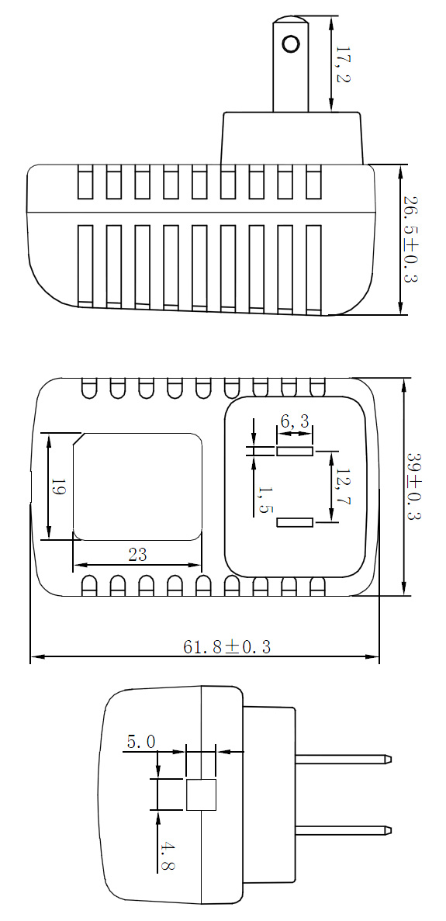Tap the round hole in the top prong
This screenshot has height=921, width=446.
[291, 43]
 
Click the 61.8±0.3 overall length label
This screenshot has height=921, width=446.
[227, 647]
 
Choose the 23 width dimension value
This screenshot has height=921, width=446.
[137, 555]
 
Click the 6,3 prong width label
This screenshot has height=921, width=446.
[295, 421]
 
